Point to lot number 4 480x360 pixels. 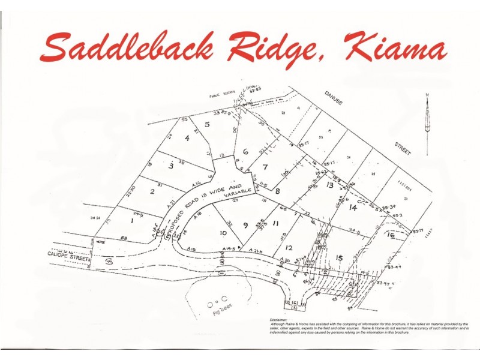pyautogui.click(x=187, y=138)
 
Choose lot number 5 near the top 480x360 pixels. pyautogui.click(x=207, y=124)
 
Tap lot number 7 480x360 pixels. pyautogui.click(x=265, y=167)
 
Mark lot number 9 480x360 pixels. pyautogui.click(x=245, y=226)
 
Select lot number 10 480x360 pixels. pyautogui.click(x=223, y=233)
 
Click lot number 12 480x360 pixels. pyautogui.click(x=289, y=247)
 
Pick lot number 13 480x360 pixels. pyautogui.click(x=329, y=185)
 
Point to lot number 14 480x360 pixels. pyautogui.click(x=353, y=208)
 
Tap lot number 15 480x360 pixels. pyautogui.click(x=340, y=258)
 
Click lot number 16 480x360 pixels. pyautogui.click(x=391, y=236)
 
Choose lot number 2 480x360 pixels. pyautogui.click(x=152, y=191)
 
